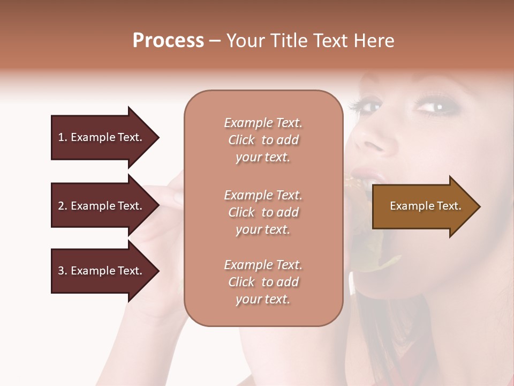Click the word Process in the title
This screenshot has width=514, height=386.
click(168, 41)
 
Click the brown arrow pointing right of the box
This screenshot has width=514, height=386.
click(423, 206)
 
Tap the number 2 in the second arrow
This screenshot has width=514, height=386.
click(62, 206)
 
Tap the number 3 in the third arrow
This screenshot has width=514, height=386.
click(62, 271)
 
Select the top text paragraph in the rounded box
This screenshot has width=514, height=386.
click(263, 140)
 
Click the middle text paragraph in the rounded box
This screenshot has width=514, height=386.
click(263, 212)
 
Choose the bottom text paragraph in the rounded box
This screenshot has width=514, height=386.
click(263, 282)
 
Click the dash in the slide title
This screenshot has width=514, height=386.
click(215, 41)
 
